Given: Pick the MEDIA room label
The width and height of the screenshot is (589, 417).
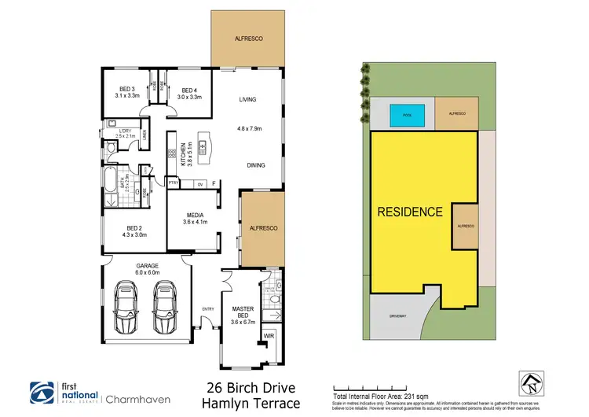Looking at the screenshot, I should coord(195,219).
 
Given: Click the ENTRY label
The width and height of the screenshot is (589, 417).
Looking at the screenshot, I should coord(208,308).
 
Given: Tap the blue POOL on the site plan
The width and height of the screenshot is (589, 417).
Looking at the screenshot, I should coord(406,115).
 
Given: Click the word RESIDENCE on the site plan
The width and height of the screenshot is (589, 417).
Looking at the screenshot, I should coord(411,212).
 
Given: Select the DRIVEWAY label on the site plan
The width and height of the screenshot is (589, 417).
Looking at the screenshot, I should coord(397,316).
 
